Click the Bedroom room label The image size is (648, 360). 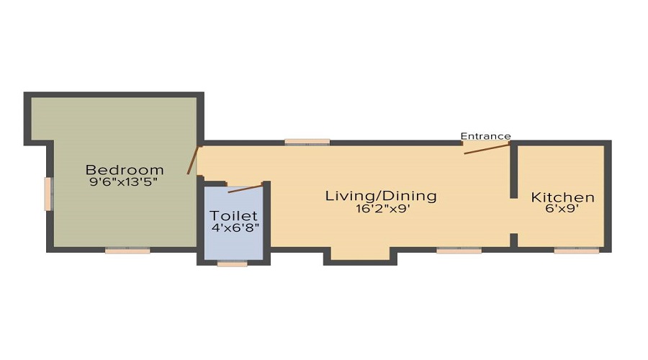(x=125, y=170)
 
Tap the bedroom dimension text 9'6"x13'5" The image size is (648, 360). (x=123, y=182)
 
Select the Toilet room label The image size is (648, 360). (x=233, y=215)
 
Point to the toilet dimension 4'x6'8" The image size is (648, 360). (x=235, y=228)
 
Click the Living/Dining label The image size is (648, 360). (x=381, y=196)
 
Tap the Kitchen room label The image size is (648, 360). (x=563, y=197)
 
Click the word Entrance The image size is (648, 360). (x=485, y=136)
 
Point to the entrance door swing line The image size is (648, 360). (x=487, y=148)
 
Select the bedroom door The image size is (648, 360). (x=192, y=160)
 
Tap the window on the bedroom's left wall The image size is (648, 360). (x=48, y=194)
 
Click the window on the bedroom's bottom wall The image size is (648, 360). (x=127, y=251)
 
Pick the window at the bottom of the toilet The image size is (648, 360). (x=232, y=264)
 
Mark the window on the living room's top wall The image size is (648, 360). (x=307, y=142)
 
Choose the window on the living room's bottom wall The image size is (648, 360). (x=459, y=251)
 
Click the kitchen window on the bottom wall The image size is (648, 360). (x=577, y=251)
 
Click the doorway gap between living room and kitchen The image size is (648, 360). (x=513, y=216)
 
